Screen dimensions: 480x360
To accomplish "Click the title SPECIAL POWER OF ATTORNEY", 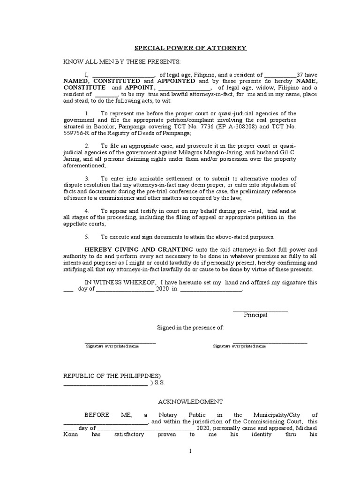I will click(190, 48).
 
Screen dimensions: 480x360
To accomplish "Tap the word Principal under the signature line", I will click(255, 315).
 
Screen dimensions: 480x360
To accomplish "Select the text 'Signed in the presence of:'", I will click(190, 328).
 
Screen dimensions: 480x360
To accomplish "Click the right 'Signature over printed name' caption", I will click(239, 346).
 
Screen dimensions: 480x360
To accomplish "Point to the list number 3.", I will click(87, 179).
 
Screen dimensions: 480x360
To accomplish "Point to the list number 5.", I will click(87, 237).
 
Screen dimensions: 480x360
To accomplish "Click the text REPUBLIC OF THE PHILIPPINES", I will click(112, 376).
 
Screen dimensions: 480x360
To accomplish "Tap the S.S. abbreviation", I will click(159, 382).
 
